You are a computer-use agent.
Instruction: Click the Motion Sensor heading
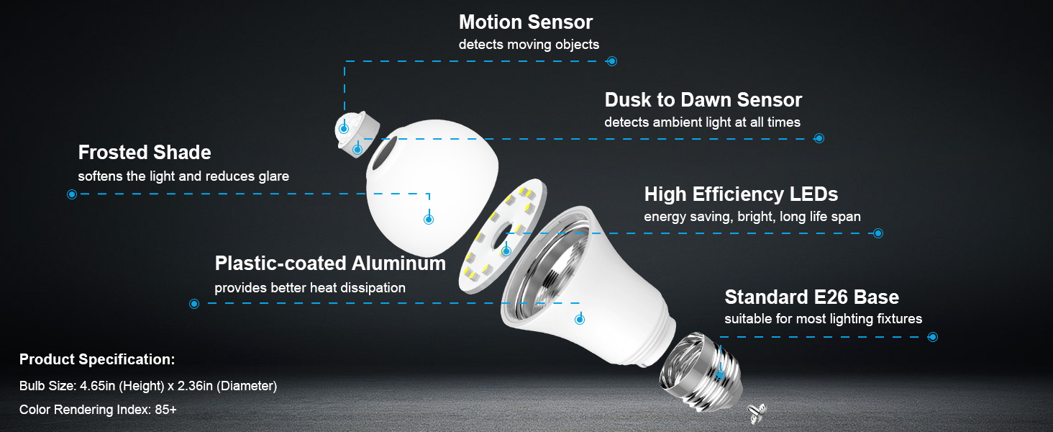coord(526,22)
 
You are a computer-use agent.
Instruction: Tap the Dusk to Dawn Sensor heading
coord(703,99)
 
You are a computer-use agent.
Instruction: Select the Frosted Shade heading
coord(145,153)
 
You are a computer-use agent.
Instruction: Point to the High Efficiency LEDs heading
coord(741,194)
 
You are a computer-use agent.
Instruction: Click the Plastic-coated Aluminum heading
coord(330,264)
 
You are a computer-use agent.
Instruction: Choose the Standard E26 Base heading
coord(811,297)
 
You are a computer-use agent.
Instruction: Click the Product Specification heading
coord(97,359)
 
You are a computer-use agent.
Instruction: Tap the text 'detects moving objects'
coord(529,45)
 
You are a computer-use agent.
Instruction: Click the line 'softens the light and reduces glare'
coord(183,176)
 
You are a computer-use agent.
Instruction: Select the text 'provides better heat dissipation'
coord(310,288)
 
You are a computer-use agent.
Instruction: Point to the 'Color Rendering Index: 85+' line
coord(98,410)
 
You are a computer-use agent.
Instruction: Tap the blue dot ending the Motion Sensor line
coord(612,61)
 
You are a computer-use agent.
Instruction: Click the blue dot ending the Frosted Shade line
coord(72,194)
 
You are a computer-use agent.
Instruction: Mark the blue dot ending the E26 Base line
coord(933,337)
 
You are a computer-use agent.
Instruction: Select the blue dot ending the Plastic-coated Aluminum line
coord(194,304)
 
